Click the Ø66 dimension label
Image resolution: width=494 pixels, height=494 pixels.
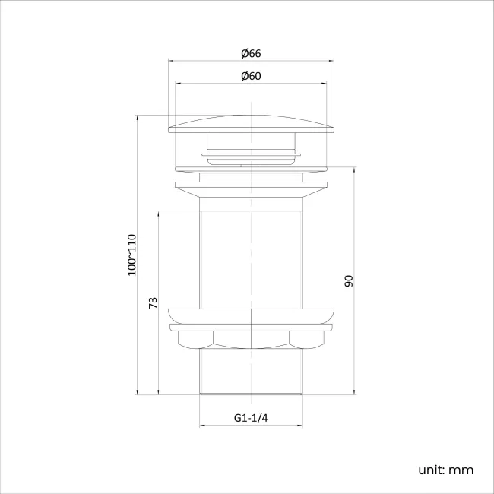click(x=251, y=53)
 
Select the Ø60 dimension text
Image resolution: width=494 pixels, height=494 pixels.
click(x=251, y=76)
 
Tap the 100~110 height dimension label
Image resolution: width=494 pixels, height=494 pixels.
click(x=132, y=255)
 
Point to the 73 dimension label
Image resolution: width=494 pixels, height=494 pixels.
click(x=153, y=302)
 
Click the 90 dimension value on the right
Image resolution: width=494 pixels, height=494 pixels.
click(x=349, y=280)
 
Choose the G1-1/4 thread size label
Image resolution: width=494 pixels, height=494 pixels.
click(x=251, y=418)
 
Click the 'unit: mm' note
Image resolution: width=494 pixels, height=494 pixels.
click(x=445, y=470)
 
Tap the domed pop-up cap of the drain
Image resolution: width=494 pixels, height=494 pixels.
click(x=251, y=123)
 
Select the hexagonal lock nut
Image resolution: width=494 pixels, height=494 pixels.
click(x=251, y=339)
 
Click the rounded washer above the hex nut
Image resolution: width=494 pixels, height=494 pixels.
click(x=251, y=315)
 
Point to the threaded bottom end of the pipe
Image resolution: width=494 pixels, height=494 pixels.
click(x=251, y=372)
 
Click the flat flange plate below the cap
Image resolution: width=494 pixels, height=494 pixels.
click(x=251, y=185)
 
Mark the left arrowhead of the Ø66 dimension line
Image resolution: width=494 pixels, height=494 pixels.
click(x=170, y=61)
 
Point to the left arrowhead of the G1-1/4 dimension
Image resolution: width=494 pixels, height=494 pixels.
click(x=202, y=426)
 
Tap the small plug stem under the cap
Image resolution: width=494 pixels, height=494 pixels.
click(x=251, y=148)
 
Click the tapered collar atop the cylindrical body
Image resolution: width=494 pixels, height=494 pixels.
click(x=251, y=193)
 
